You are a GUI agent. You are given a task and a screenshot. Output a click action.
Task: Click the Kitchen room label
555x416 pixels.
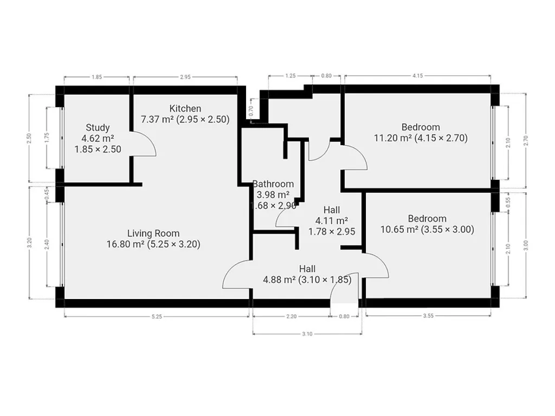(x=185, y=108)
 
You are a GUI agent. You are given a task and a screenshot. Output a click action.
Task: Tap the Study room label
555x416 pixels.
(x=98, y=127)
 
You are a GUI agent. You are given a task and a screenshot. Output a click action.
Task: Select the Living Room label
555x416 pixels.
(x=153, y=233)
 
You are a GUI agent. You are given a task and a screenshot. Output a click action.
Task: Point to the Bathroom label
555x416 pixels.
(x=273, y=184)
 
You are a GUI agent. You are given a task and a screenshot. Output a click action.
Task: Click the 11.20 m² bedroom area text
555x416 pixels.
(x=389, y=138)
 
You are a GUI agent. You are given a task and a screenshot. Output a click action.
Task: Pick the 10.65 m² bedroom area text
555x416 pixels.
(x=396, y=230)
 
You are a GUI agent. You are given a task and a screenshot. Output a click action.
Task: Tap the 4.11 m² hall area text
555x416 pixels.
(x=332, y=221)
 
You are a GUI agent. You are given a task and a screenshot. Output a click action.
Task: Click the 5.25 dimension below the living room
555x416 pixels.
(x=157, y=316)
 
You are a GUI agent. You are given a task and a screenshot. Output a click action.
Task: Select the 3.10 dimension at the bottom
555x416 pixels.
(x=307, y=334)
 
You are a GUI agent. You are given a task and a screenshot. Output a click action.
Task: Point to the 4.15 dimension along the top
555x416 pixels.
(x=418, y=76)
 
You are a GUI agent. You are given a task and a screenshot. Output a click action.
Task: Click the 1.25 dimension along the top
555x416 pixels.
(x=291, y=76)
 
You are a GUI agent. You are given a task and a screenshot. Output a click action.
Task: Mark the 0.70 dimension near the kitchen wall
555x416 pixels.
(x=251, y=112)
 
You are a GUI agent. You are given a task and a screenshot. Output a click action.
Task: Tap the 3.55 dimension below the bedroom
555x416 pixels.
(x=428, y=316)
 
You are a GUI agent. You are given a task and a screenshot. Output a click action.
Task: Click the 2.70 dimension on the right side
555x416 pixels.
(x=526, y=141)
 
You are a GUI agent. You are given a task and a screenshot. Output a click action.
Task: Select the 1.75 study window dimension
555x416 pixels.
(x=47, y=138)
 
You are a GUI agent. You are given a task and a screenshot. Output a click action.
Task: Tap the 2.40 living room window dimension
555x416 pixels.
(x=47, y=244)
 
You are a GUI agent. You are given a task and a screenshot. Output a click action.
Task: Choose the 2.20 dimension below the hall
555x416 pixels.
(x=291, y=316)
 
